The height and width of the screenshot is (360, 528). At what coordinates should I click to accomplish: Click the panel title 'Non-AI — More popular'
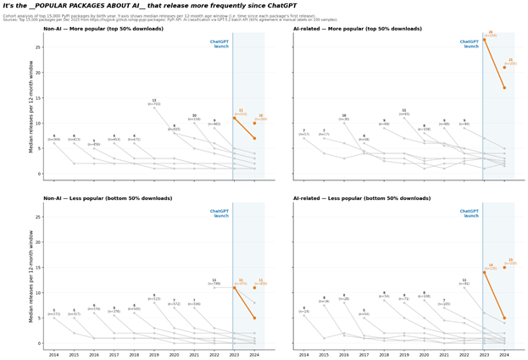click(x=103, y=29)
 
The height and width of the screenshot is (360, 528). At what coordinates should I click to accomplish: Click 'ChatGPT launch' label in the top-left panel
click(x=220, y=44)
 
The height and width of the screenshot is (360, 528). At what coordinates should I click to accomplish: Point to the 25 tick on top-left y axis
click(x=38, y=47)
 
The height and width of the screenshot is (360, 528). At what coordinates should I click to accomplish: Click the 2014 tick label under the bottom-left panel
click(x=54, y=355)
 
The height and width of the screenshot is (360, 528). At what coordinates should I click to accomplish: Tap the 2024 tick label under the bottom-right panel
click(x=504, y=355)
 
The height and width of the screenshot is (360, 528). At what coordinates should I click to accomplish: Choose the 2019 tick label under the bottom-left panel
click(x=154, y=355)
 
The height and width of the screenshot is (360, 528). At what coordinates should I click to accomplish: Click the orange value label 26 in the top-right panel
click(x=490, y=32)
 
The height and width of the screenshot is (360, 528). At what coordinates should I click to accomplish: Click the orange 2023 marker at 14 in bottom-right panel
click(x=484, y=272)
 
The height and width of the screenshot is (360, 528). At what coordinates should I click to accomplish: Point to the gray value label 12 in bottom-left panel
click(x=214, y=280)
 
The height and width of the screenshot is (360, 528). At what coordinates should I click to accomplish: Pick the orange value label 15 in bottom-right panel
click(x=510, y=260)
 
